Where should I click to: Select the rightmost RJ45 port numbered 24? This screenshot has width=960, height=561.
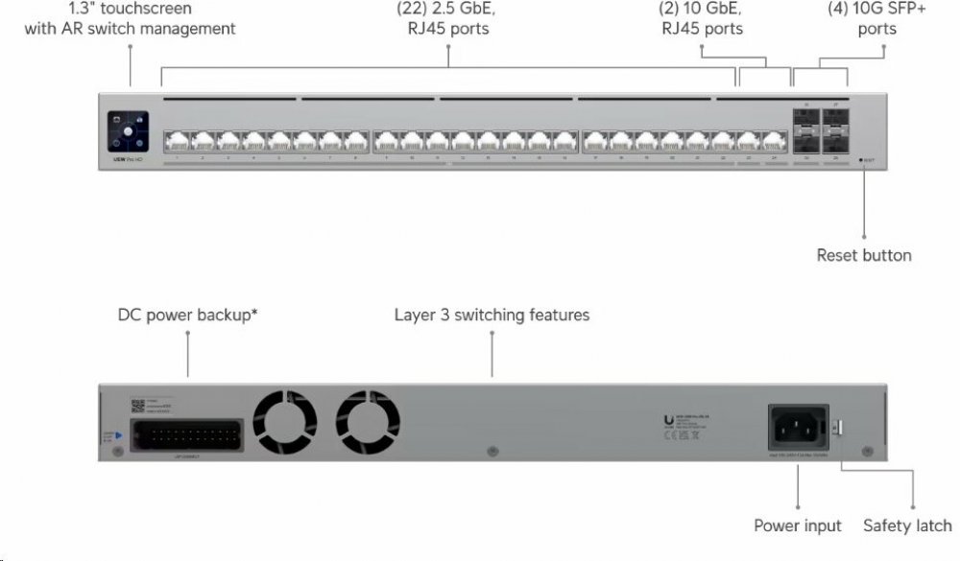(774, 142)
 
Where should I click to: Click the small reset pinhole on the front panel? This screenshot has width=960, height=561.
(862, 160)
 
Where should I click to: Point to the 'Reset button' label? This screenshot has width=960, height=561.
(864, 255)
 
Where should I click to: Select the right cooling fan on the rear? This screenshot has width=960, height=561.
(370, 419)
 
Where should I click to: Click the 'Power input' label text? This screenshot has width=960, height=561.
(797, 526)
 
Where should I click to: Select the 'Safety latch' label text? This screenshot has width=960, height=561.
(907, 526)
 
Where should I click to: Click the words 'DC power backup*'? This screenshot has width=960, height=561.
(187, 315)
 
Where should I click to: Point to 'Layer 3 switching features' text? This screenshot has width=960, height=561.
(492, 315)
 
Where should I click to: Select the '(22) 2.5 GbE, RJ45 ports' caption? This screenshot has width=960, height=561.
(447, 18)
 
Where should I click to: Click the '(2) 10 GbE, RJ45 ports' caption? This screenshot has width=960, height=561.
(703, 18)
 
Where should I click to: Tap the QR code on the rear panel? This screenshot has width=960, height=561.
(136, 404)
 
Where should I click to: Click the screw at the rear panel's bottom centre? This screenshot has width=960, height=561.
(492, 449)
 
